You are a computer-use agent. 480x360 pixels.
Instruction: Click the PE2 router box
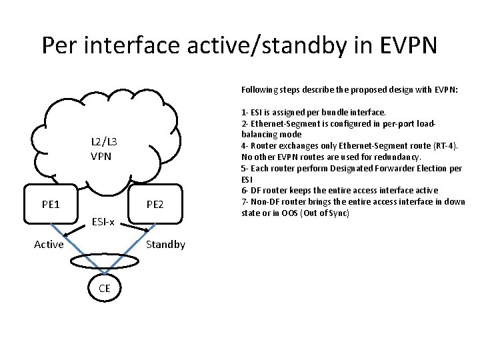[x=155, y=204]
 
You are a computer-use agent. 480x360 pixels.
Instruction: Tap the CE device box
[x=105, y=287]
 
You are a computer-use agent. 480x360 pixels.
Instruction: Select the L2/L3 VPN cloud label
[x=104, y=149]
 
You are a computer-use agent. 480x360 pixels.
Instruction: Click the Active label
[x=49, y=244]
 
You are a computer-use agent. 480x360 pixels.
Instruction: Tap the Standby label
[x=165, y=244]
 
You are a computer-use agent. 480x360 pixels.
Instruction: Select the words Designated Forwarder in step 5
[x=360, y=169]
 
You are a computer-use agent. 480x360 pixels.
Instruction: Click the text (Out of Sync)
[x=318, y=213]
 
